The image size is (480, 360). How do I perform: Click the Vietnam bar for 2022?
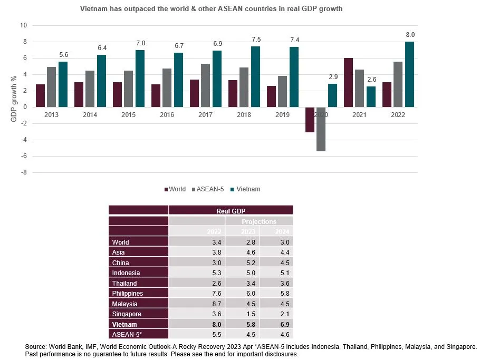click(409, 74)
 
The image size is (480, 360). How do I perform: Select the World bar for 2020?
click(310, 120)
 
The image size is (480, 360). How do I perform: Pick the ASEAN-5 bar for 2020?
click(321, 129)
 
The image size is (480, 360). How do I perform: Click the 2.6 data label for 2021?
click(371, 80)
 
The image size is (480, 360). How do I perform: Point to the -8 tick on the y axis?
click(23, 173)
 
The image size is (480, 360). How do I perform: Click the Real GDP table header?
click(231, 211)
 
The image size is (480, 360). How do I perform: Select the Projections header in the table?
click(259, 222)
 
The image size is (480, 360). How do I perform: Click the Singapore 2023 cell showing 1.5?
click(242, 314)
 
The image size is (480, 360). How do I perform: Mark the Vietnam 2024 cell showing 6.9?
click(275, 324)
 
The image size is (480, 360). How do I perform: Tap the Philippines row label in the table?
click(128, 293)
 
